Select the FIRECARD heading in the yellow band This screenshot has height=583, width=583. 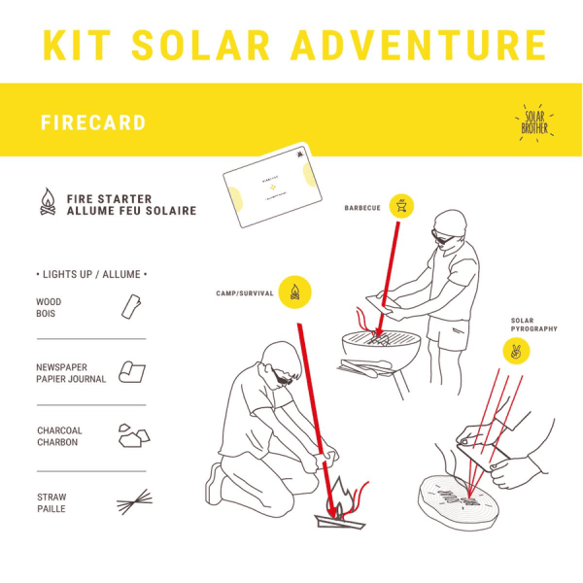coord(93,123)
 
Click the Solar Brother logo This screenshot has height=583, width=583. coord(534,121)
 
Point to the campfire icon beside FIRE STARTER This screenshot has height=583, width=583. coord(47,202)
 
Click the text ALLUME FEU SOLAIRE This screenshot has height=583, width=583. coord(131,211)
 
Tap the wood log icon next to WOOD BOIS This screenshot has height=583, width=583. coord(131,307)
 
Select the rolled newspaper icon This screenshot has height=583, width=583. coord(132,372)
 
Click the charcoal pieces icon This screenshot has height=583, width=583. coord(132,435)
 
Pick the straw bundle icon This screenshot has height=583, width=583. coord(132,502)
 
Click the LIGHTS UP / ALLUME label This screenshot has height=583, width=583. coord(91,275)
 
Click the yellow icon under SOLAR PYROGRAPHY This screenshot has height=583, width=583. coord(515,352)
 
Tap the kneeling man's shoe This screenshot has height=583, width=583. coord(216,483)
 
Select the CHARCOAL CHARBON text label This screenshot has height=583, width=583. coord(59,436)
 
